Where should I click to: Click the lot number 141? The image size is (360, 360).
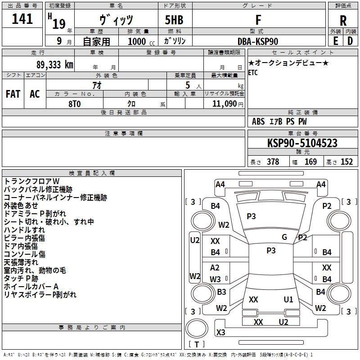tap(22, 19)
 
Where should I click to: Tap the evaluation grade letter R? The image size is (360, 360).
tap(343, 20)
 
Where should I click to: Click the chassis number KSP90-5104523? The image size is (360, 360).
tap(302, 144)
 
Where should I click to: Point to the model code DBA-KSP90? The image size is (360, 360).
tap(258, 41)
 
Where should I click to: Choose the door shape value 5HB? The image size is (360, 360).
tap(171, 20)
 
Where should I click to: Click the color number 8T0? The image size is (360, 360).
tap(75, 103)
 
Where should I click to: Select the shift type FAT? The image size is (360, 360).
tap(13, 94)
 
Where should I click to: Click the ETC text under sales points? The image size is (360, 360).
tap(253, 73)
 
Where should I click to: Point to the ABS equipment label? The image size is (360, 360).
tap(258, 121)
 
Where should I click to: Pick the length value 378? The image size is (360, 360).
tap(273, 162)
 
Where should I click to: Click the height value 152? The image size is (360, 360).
tap(346, 162)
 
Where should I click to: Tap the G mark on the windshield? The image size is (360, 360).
tap(284, 237)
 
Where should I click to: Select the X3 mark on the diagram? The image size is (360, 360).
tap(220, 332)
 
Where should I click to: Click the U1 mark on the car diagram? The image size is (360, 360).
tap(288, 299)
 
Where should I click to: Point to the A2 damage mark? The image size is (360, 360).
tap(215, 268)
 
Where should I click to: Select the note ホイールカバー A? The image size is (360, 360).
tap(31, 286)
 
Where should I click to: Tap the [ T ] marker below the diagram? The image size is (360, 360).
tap(197, 345)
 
